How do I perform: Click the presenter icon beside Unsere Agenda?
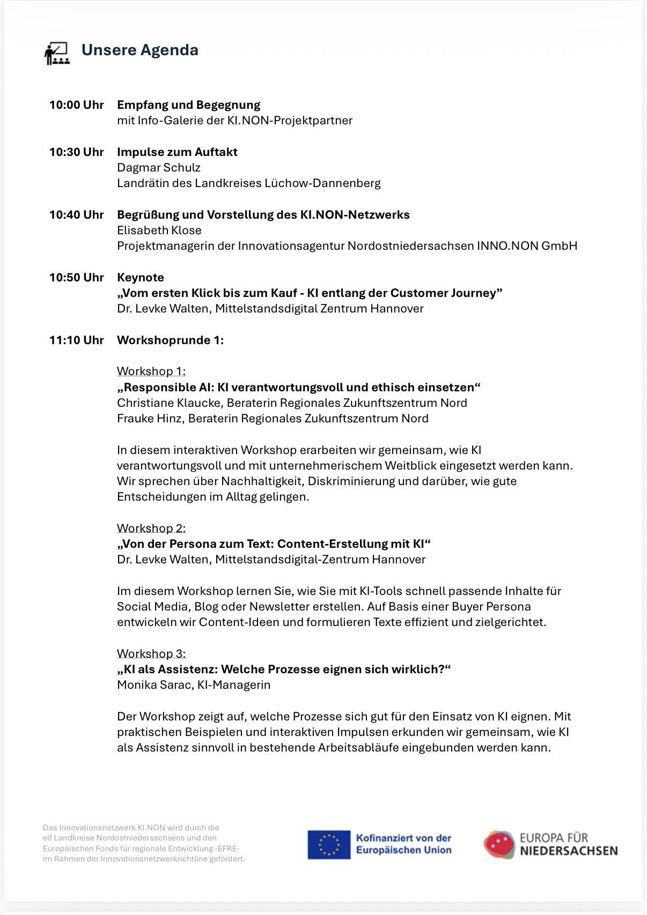pos(57,54)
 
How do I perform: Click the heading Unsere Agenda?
pos(139,50)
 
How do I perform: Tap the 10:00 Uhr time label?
pos(76,105)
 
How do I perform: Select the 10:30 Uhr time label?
pos(76,152)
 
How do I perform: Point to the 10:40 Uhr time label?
pos(76,215)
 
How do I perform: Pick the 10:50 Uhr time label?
pos(76,278)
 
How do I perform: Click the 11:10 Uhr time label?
pos(76,340)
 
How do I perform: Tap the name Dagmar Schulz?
pos(159,168)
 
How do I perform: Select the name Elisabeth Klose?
pos(159,230)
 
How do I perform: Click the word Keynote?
pos(141,278)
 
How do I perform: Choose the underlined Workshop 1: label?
pos(151,371)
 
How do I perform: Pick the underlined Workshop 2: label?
pos(151,529)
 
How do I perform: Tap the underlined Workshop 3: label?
pos(151,654)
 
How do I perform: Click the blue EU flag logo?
pos(329,844)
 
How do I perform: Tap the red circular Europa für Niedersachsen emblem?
pos(499,844)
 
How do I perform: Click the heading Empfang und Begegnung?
pos(189,105)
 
